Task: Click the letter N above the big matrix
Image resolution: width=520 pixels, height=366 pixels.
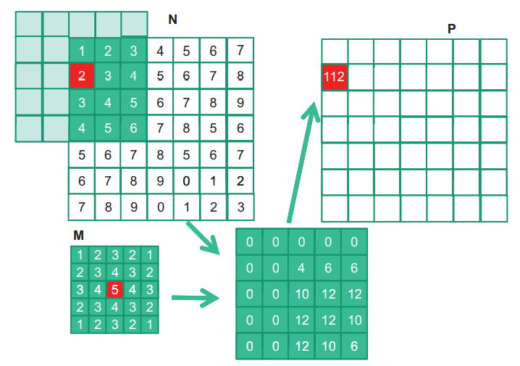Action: [x=172, y=20]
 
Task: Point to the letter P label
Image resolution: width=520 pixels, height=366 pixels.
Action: [x=452, y=28]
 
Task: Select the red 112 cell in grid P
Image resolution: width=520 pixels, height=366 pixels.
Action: [x=335, y=77]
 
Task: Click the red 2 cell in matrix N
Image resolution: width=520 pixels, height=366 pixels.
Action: [x=82, y=76]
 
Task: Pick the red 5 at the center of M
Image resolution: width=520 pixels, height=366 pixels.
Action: [x=114, y=290]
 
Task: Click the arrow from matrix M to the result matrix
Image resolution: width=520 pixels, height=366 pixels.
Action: [x=196, y=297]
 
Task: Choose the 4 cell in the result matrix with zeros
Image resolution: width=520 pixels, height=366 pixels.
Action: [x=302, y=268]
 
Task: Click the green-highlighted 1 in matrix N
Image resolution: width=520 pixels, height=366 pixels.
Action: [x=82, y=51]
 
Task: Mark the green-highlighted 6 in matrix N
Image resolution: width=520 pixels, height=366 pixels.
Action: [x=134, y=128]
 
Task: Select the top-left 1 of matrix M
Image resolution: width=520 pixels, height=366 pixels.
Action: [x=79, y=255]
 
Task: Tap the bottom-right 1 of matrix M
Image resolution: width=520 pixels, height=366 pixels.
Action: [x=148, y=325]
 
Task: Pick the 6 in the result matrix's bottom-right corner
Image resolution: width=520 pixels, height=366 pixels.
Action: [x=354, y=346]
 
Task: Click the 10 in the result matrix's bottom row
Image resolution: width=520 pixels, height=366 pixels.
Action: [x=328, y=346]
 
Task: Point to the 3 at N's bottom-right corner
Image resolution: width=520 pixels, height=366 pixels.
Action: [x=240, y=207]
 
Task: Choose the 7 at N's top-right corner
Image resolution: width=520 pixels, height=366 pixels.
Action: [x=240, y=51]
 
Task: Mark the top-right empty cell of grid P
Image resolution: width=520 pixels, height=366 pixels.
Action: [x=493, y=51]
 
